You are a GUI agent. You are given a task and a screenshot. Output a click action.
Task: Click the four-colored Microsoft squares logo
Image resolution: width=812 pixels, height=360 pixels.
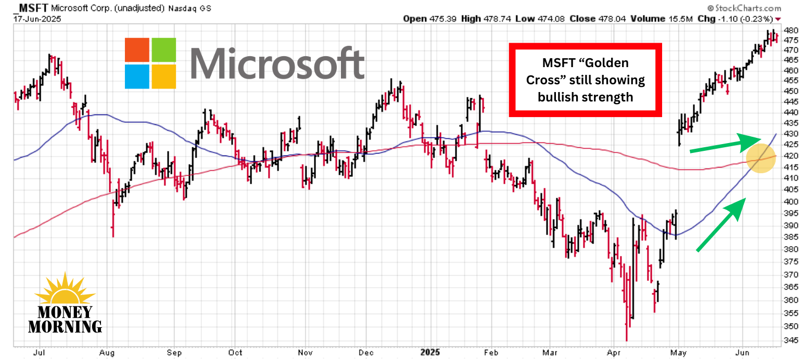click(x=150, y=63)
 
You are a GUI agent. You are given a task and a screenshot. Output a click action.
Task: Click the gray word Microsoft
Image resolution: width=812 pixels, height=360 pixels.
click(x=277, y=63)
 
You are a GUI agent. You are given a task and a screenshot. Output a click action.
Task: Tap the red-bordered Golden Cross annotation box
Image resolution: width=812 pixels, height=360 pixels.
click(x=585, y=80)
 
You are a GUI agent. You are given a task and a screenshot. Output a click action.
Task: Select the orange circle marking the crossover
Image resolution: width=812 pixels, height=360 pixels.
click(x=760, y=158)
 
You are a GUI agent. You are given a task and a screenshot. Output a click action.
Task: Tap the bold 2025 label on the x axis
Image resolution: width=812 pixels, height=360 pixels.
click(x=429, y=353)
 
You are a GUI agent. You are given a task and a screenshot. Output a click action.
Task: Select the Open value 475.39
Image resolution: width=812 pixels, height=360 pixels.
click(x=443, y=19)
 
